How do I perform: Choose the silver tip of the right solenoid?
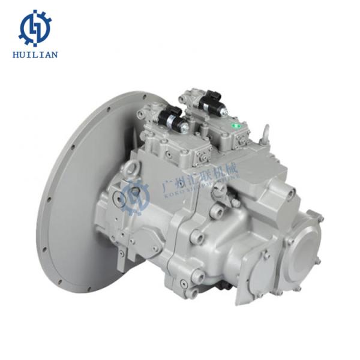pos(226,108)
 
